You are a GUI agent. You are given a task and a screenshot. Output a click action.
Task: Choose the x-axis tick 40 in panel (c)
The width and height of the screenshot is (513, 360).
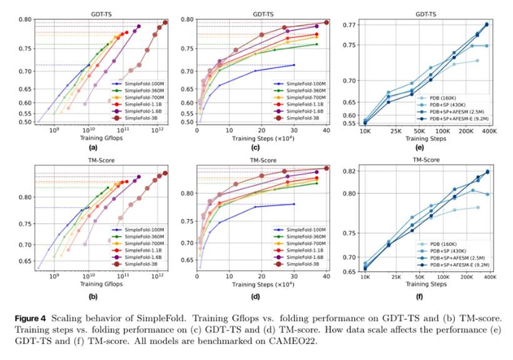(326, 128)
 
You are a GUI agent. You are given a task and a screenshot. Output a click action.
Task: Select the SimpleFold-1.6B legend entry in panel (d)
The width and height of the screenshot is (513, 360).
(300, 257)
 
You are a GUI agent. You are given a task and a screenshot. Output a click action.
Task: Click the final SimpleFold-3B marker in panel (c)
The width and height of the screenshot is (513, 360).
(326, 23)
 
